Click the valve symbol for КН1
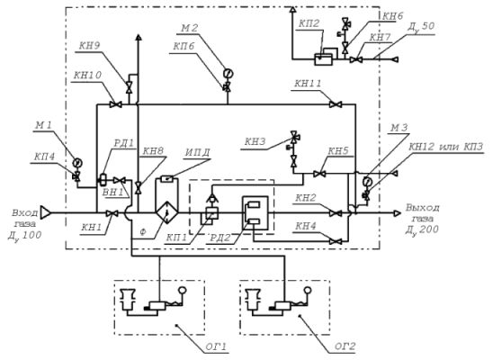pos(112,213)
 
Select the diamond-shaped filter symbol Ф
pos(166,213)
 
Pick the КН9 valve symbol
pos(129,87)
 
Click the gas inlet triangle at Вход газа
pos(45,213)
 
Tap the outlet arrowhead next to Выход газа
pos(398,213)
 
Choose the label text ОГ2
pos(345,346)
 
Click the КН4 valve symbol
pos(336,241)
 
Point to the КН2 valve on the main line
pos(336,213)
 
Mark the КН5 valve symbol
pos(319,174)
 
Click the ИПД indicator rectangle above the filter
pos(167,179)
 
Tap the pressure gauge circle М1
pos(76,163)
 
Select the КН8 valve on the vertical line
pos(138,188)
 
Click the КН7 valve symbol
pos(356,59)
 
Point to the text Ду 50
pos(421,27)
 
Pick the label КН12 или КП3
pos(446,147)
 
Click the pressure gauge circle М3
pos(367,182)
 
